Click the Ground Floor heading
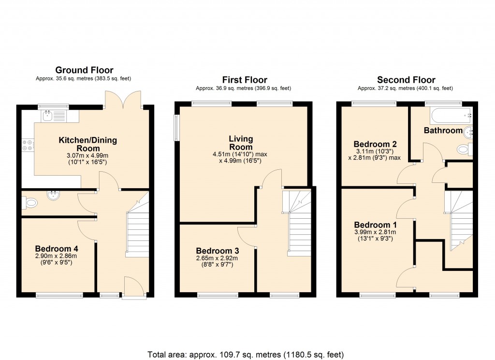pos(84,70)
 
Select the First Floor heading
pos(244,80)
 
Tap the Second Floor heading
pos(406,80)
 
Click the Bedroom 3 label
pos(218,251)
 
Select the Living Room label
pos(241,143)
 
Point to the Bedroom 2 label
pos(375,144)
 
